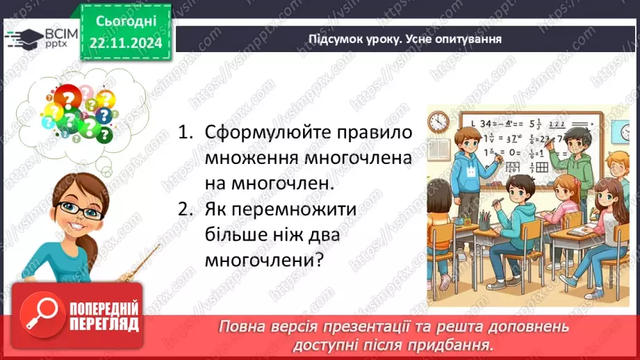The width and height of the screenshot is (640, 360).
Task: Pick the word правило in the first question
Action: pos(375,132)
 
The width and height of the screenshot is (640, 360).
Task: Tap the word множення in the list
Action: pos(252,158)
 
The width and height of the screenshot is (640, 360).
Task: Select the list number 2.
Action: pos(183,210)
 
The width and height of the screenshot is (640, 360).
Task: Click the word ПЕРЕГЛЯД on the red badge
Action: pos(105,324)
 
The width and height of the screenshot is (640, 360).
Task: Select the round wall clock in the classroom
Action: pos(438,122)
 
